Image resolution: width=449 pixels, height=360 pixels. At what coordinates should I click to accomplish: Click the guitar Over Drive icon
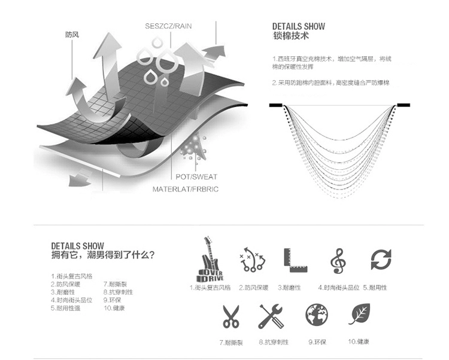(210, 260)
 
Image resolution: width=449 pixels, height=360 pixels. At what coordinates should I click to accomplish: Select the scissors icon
(230, 316)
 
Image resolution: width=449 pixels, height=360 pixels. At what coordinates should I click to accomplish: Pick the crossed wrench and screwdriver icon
(271, 316)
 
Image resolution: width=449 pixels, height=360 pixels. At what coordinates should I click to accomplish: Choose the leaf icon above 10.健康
(359, 315)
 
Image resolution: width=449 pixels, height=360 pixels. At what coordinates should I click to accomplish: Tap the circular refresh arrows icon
(381, 260)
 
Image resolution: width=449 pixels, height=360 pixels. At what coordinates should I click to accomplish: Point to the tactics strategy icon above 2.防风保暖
(252, 260)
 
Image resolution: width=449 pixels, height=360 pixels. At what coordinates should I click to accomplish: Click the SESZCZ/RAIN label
(169, 26)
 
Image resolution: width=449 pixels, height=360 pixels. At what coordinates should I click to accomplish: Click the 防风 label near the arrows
(72, 35)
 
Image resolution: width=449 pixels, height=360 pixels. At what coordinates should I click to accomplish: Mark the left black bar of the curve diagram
(275, 105)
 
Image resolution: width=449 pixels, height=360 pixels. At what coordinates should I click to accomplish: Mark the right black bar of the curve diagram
(404, 105)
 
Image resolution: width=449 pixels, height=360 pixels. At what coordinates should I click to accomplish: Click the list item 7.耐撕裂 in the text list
(115, 284)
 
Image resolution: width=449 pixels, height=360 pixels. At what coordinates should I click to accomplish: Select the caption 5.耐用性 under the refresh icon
(375, 288)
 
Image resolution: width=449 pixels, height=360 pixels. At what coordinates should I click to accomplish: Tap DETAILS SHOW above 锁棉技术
(299, 26)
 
